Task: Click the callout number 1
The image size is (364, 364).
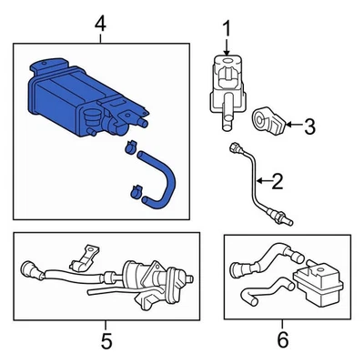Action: coord(227,31)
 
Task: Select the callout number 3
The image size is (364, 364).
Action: coord(308,126)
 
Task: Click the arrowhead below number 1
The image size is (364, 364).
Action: coord(227,57)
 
